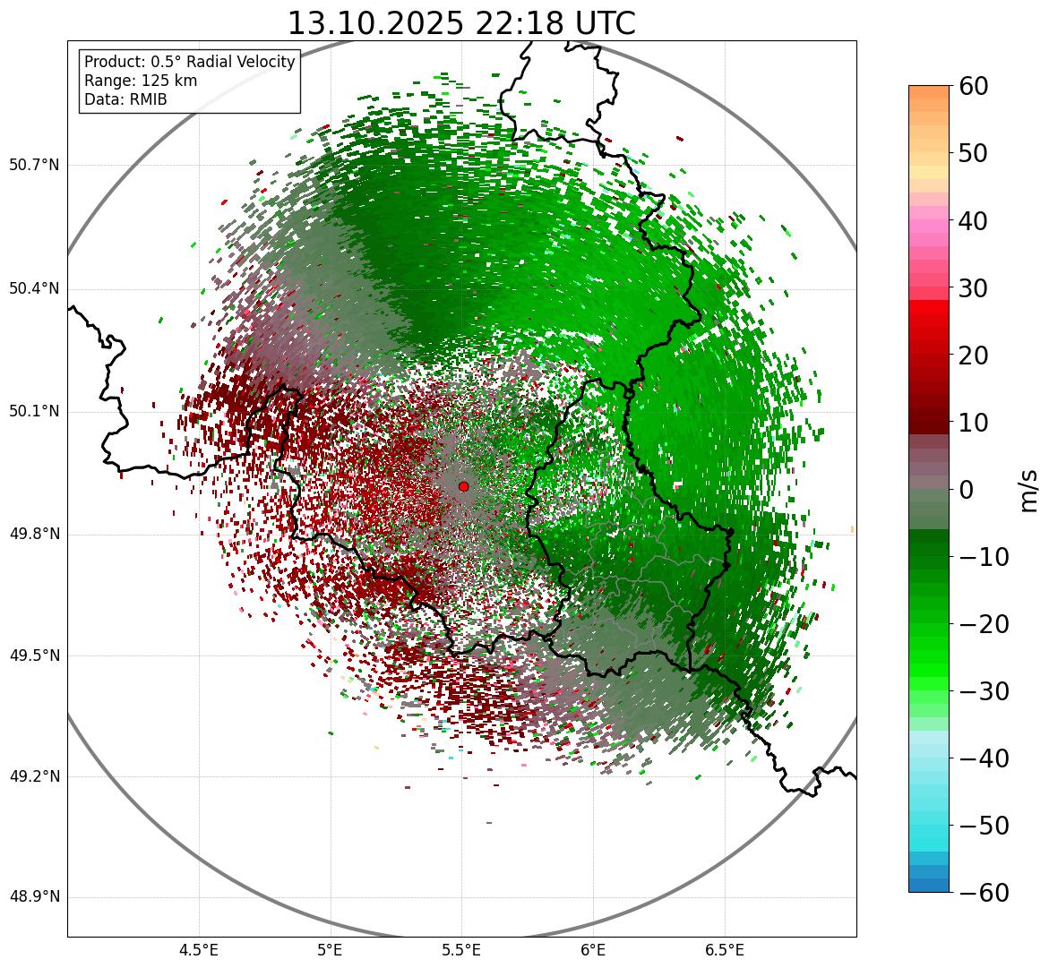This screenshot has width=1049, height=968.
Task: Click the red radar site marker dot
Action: pyautogui.click(x=463, y=486)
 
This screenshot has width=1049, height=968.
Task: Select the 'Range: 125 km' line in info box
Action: pyautogui.click(x=141, y=81)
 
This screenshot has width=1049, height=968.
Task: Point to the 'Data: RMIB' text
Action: pyautogui.click(x=125, y=99)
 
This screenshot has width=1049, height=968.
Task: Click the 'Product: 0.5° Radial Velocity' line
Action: pyautogui.click(x=189, y=62)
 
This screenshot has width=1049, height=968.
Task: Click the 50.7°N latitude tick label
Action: pyautogui.click(x=33, y=166)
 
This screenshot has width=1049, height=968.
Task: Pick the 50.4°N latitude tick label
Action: pyautogui.click(x=33, y=289)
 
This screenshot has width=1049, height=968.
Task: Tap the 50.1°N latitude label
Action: pyautogui.click(x=33, y=412)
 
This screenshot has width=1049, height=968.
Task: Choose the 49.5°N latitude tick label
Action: pyautogui.click(x=33, y=656)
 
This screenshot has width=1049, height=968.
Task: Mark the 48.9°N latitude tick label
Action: pyautogui.click(x=33, y=898)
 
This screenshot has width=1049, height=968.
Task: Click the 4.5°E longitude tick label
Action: pyautogui.click(x=199, y=950)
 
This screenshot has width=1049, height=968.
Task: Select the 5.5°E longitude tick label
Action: pyautogui.click(x=461, y=950)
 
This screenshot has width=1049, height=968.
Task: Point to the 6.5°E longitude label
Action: pyautogui.click(x=725, y=950)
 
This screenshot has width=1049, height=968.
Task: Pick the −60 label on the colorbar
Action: pyautogui.click(x=984, y=893)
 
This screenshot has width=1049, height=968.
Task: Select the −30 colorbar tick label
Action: pyautogui.click(x=984, y=691)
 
